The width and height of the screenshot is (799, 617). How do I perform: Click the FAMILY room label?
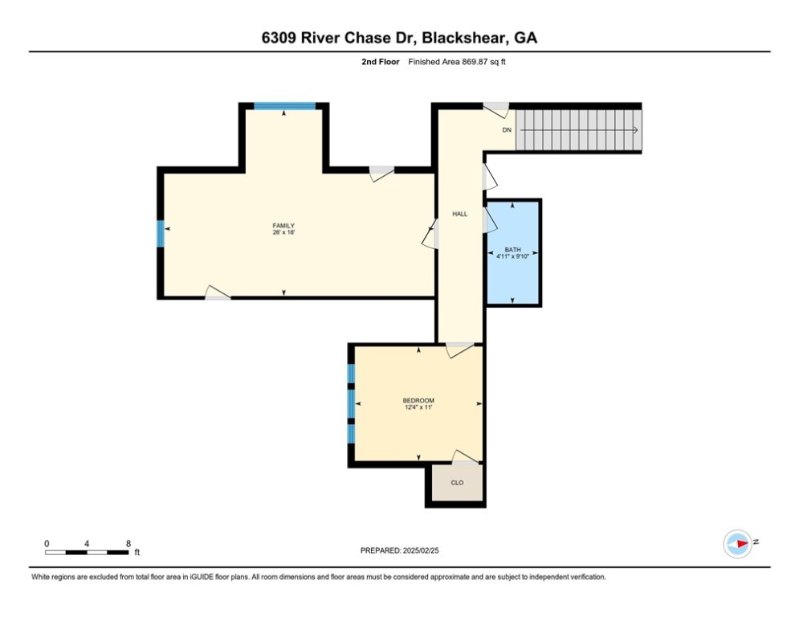283,226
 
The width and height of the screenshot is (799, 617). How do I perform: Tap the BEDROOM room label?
418,401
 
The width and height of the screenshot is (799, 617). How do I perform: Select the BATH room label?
512,250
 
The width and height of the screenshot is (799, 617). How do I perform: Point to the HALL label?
459,215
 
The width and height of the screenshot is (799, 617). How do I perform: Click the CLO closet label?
456,483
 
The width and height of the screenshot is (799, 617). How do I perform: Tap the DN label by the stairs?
506,130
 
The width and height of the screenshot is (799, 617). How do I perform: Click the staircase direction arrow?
634,130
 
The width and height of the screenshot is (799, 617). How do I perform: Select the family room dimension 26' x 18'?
283,234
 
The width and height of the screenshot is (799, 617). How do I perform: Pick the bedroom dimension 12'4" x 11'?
418,408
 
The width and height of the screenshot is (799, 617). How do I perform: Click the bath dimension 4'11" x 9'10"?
512,257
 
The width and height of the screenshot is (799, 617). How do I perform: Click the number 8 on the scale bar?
128,543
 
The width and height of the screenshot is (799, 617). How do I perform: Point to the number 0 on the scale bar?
47,543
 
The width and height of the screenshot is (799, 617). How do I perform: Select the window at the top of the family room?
284,106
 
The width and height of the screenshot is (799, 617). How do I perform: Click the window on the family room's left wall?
160,234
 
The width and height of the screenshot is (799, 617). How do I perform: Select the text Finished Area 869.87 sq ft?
457,62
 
